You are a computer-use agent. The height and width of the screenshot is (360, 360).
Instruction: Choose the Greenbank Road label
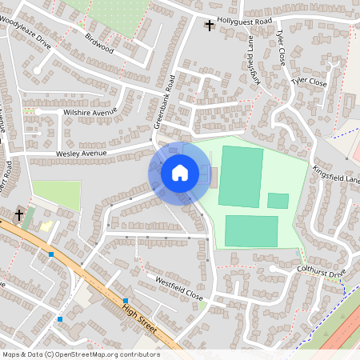(163, 107)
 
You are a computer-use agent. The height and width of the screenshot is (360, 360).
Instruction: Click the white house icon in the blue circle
(180, 172)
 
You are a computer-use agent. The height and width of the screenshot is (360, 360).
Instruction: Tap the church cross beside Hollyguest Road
(210, 26)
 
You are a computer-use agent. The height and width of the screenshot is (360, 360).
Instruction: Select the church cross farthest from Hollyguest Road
(18, 214)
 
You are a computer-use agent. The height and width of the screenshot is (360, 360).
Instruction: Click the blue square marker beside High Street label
(126, 302)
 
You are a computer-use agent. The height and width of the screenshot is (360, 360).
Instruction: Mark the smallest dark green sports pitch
(278, 201)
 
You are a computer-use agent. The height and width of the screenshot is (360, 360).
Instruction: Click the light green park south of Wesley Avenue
(57, 195)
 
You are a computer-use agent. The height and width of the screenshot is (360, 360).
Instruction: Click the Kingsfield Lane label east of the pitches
(336, 175)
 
